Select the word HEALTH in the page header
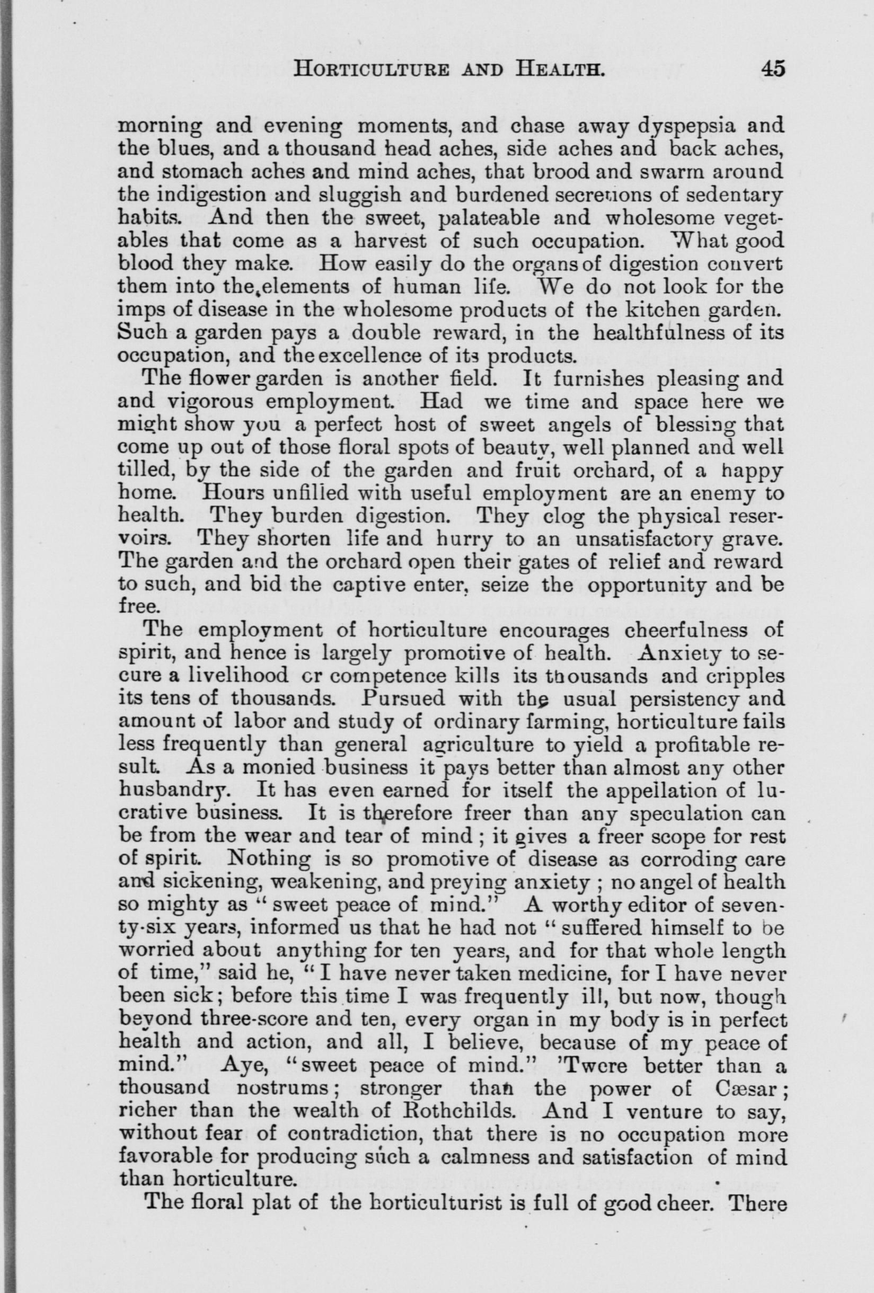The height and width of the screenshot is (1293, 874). coord(558,70)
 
